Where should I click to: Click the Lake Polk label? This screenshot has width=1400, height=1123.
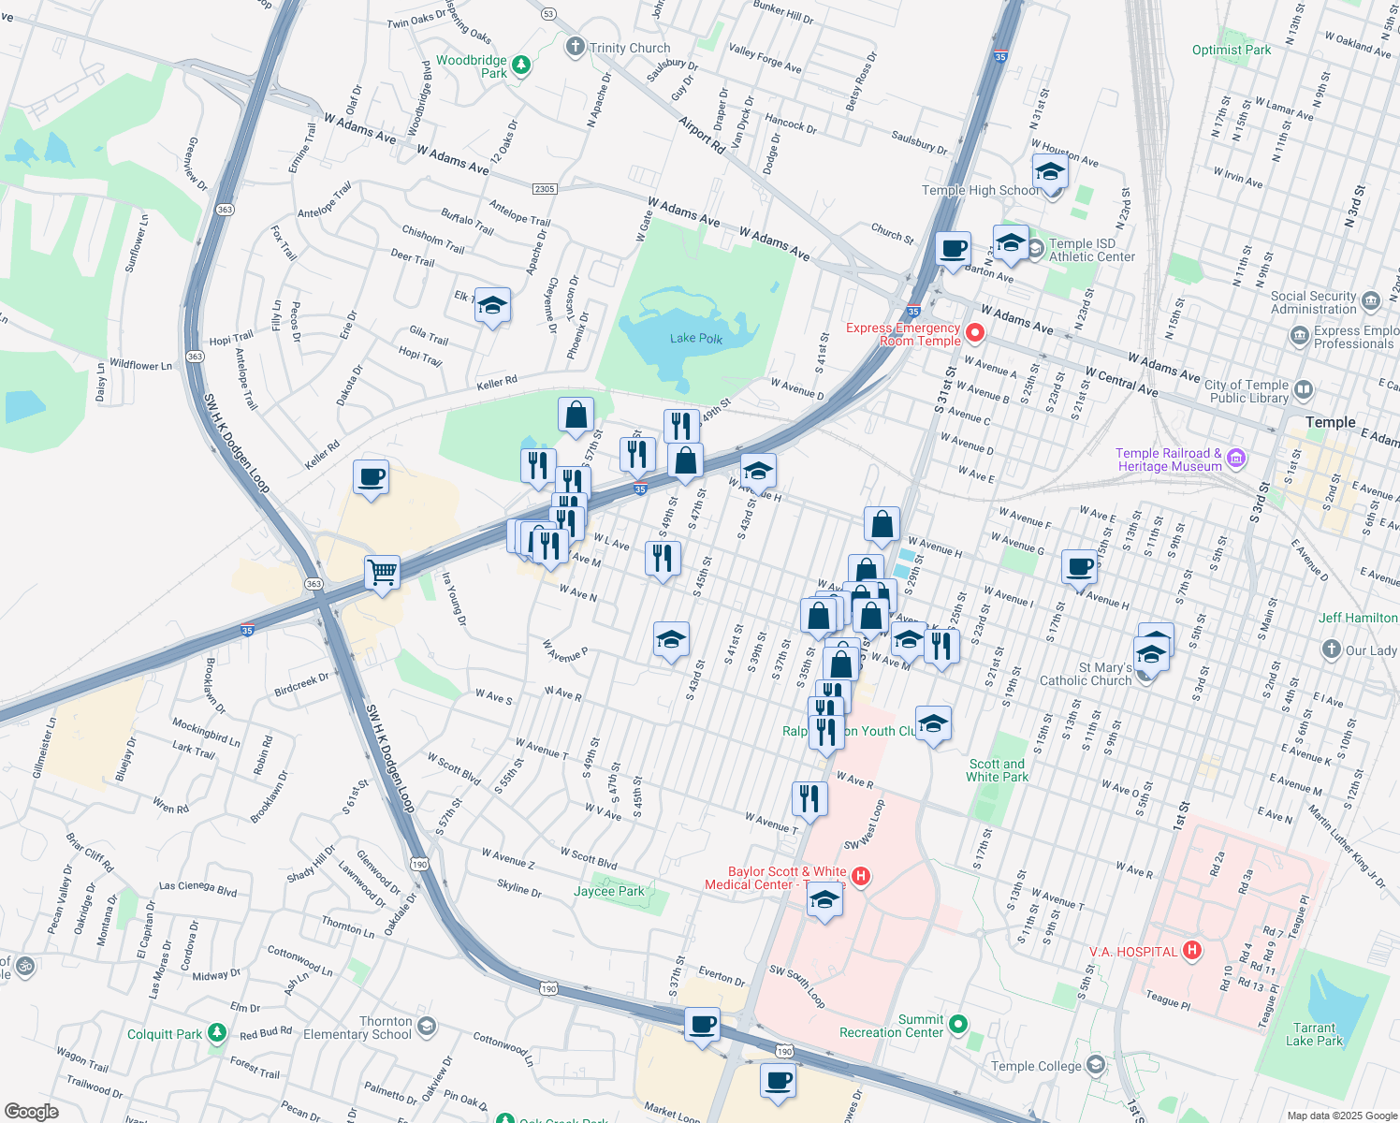[696, 339]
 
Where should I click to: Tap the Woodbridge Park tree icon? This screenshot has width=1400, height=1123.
[521, 66]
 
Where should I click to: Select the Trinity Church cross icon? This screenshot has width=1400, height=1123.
[575, 47]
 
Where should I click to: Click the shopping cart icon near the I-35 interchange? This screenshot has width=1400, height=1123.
[382, 571]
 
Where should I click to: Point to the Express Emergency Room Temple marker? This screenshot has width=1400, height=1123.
[975, 333]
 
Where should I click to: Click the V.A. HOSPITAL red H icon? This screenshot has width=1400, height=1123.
[1191, 951]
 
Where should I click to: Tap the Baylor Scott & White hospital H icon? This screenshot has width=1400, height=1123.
[861, 877]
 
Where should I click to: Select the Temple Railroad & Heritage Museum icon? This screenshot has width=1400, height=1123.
[1235, 459]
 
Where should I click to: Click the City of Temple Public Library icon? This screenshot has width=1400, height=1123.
[1303, 390]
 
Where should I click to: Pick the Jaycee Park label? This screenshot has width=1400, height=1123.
[609, 891]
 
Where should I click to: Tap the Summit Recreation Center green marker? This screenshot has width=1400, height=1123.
[957, 1025]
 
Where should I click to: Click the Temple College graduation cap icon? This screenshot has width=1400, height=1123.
[1095, 1065]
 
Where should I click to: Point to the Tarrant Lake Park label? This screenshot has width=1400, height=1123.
[1314, 1034]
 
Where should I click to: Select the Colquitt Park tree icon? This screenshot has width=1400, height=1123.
[217, 1033]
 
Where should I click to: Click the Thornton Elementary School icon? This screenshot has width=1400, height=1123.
[426, 1028]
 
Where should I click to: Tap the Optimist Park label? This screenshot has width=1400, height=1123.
[1232, 50]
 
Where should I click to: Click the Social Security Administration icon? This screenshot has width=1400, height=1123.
[1371, 301]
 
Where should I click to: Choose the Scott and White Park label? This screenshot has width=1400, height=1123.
[997, 770]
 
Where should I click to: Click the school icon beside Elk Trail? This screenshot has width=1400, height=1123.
[492, 305]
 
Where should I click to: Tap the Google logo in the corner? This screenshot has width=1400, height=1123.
[31, 1112]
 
